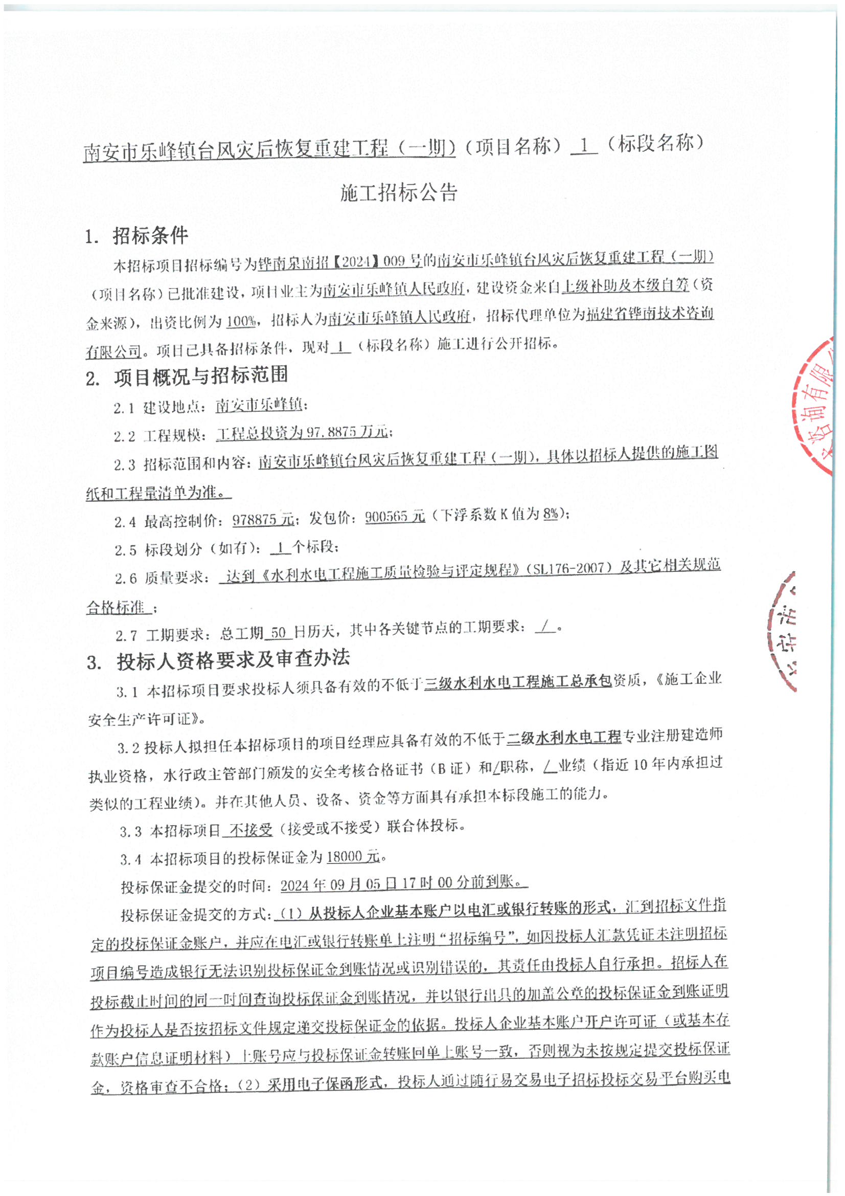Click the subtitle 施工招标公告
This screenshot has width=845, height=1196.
(x=399, y=193)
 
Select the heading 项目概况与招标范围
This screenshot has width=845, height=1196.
(x=201, y=375)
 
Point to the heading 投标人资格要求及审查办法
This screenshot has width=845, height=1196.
(x=233, y=660)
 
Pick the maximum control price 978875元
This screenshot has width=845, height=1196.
(x=263, y=519)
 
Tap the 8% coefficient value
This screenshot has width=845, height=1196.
(x=551, y=514)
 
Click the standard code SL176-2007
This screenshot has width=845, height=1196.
(x=569, y=567)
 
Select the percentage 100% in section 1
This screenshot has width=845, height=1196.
(x=241, y=321)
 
